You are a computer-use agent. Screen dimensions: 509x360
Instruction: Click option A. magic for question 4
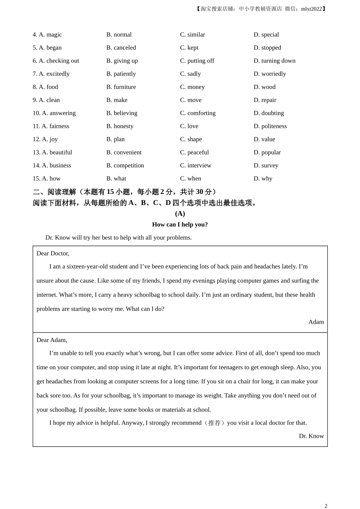(50, 34)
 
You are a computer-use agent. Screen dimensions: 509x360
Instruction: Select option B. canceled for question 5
(121, 48)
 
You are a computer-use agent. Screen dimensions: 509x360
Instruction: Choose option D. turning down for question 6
(274, 61)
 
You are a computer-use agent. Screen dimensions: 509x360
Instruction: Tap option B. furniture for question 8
(121, 87)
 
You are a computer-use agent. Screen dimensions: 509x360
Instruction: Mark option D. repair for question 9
(265, 100)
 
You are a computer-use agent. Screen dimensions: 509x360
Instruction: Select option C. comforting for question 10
(197, 113)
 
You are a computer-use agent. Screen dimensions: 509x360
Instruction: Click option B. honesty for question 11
(120, 126)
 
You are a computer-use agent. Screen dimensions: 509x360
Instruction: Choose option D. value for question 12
(264, 139)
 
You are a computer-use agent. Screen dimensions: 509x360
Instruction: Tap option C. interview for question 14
(196, 166)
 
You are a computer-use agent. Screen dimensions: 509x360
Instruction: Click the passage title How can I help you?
(180, 225)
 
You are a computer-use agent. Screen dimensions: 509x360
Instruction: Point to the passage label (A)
(180, 214)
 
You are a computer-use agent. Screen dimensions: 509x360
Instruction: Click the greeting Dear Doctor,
(53, 253)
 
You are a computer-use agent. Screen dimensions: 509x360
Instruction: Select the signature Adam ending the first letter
(316, 322)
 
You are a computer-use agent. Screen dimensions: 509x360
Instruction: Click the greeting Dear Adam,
(52, 340)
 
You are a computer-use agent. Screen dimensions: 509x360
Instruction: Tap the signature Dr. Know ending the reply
(311, 436)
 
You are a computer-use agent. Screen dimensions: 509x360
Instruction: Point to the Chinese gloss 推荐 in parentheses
(214, 423)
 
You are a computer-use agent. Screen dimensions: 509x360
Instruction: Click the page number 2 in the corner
(326, 506)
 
